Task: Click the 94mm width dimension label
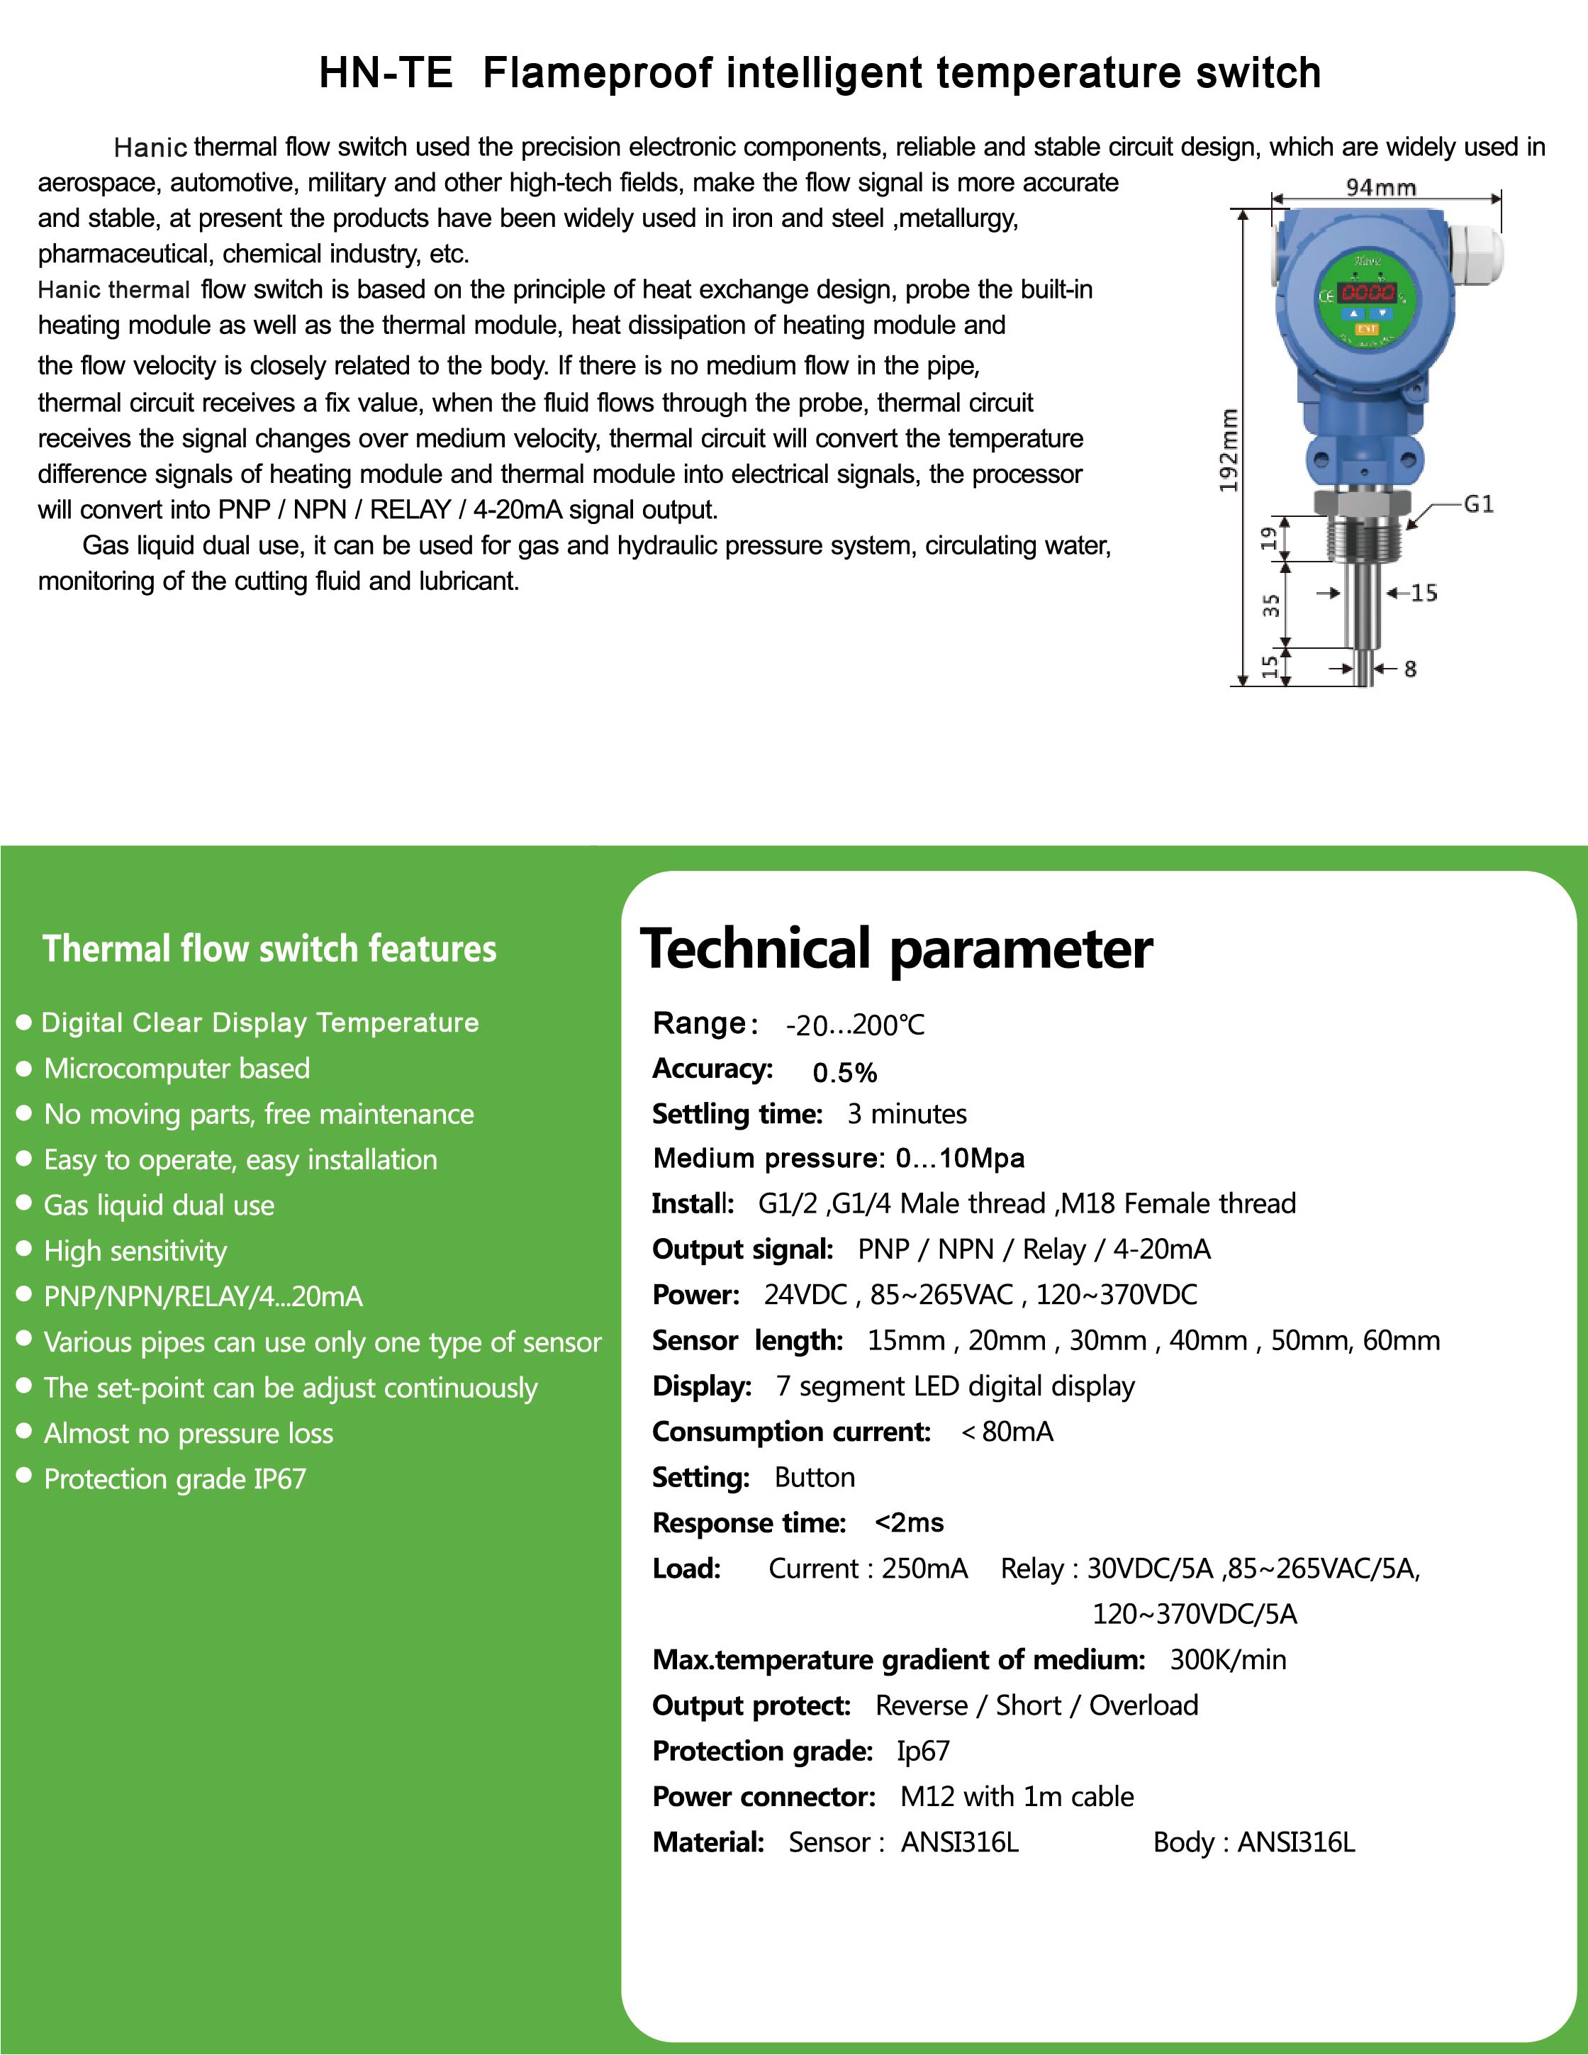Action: pos(1380,187)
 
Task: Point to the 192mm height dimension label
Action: pos(1229,450)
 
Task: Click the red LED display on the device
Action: pos(1367,293)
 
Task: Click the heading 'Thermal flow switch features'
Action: pos(269,949)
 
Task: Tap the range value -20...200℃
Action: pos(855,1025)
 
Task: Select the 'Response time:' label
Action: pos(749,1522)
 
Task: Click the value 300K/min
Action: pos(1228,1659)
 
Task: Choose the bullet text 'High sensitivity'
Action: pos(135,1250)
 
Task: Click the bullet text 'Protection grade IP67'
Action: pos(175,1478)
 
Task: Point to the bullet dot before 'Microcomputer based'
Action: pos(25,1068)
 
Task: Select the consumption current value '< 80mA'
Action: pos(1007,1431)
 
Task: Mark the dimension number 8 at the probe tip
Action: pos(1409,669)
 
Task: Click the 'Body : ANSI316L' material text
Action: pos(1253,1842)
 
